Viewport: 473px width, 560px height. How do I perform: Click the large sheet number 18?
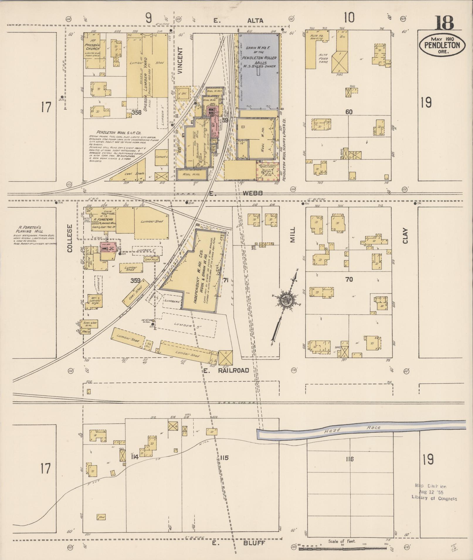point(444,23)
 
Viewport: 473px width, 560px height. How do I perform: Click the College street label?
point(69,238)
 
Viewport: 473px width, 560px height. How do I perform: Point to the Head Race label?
point(352,429)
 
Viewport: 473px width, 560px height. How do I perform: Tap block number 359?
point(135,280)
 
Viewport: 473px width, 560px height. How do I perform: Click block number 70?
point(349,280)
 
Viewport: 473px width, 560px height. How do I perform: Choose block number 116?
point(350,459)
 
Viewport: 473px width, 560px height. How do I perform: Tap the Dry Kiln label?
point(151,259)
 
